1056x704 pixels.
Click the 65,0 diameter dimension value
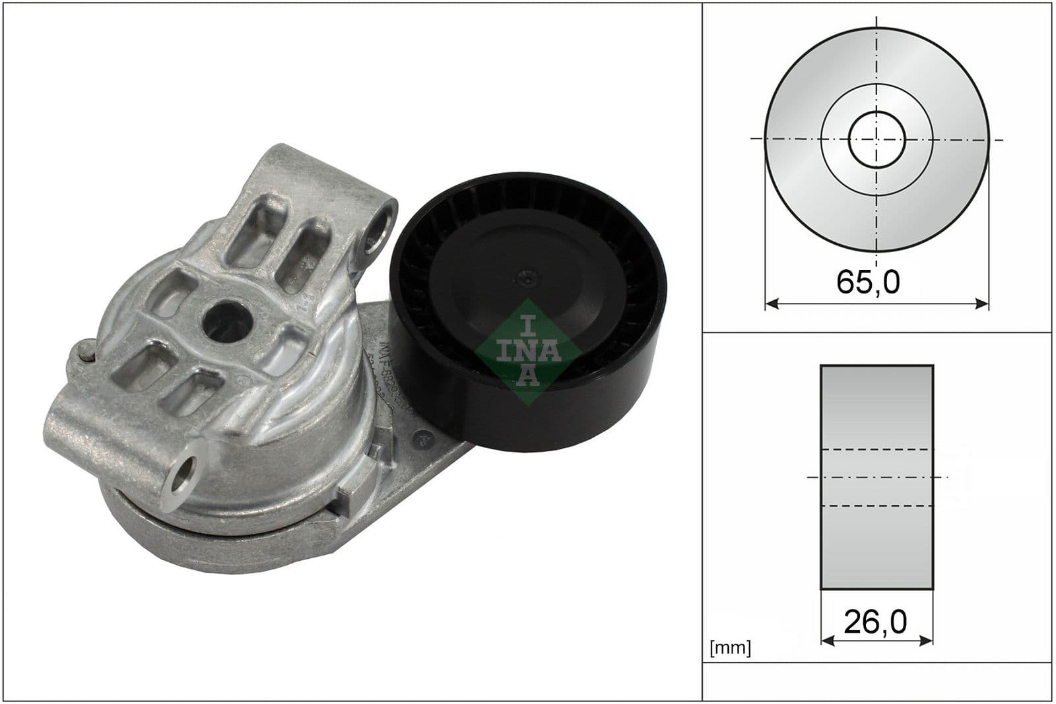point(867,282)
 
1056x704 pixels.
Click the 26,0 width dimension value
point(875,622)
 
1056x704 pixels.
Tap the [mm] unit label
point(730,648)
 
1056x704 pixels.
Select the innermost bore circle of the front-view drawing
point(876,139)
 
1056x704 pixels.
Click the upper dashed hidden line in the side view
point(876,449)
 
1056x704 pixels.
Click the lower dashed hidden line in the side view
point(876,507)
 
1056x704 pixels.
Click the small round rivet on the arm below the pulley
point(420,438)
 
